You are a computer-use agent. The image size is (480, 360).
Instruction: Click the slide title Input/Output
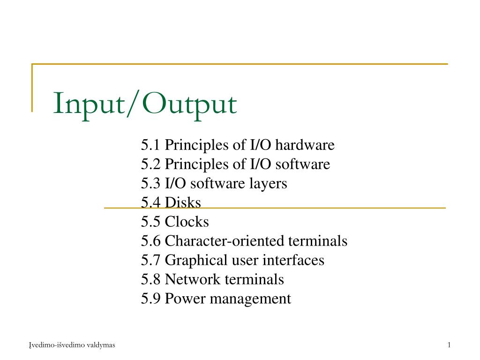[145, 104]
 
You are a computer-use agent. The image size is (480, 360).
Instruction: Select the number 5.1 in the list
[151, 145]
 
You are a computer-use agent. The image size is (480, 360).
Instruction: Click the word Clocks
[187, 222]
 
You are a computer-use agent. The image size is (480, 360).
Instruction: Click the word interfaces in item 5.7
[296, 260]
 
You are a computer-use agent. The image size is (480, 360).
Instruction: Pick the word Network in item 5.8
[193, 279]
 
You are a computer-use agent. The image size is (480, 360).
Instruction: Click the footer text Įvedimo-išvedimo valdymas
[72, 345]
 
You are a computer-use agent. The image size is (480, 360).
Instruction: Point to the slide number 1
[449, 345]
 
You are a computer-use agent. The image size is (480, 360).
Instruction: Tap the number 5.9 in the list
[151, 299]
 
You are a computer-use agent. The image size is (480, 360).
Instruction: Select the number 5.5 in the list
[151, 222]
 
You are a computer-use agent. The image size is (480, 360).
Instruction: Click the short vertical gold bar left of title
[32, 88]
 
